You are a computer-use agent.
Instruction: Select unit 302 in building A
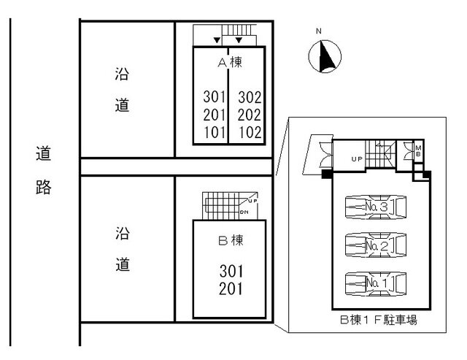tap(250, 97)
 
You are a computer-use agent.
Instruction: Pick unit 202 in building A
tap(250, 115)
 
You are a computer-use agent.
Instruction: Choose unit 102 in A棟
tap(250, 132)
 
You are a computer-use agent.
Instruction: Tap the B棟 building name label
tap(230, 239)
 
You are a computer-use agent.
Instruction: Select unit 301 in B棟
tap(231, 271)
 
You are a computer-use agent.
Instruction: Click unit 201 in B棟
tap(231, 288)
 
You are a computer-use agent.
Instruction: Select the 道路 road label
tap(43, 170)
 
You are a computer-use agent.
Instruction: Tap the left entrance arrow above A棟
tap(215, 39)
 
